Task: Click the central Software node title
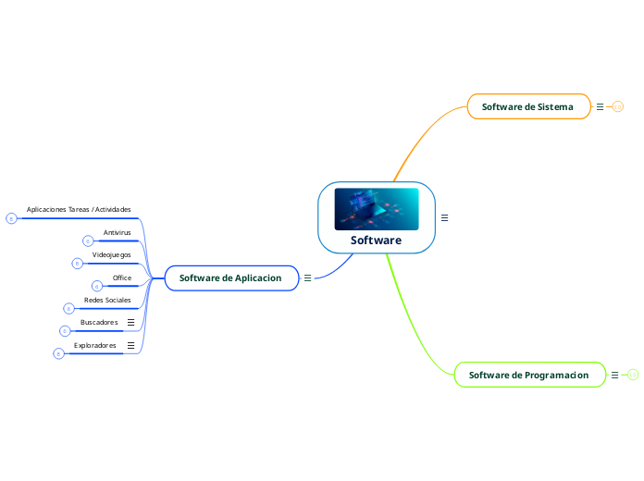click(376, 240)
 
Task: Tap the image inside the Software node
click(376, 209)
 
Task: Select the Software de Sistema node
click(527, 107)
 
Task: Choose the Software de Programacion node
click(528, 375)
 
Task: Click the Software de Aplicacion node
click(230, 277)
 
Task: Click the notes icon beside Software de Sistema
click(600, 107)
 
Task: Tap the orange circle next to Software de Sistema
click(618, 107)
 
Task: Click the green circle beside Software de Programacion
click(633, 375)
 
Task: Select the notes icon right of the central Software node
click(444, 218)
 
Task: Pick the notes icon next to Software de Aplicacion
click(307, 277)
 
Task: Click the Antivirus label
click(117, 232)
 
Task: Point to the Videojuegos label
click(111, 254)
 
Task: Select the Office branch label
click(122, 277)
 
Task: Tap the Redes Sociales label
click(107, 300)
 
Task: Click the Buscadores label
click(99, 322)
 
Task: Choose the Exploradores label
click(95, 345)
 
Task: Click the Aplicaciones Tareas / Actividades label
click(79, 210)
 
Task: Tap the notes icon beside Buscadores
click(130, 322)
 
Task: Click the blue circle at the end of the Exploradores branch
click(58, 353)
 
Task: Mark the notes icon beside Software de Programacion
click(615, 375)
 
